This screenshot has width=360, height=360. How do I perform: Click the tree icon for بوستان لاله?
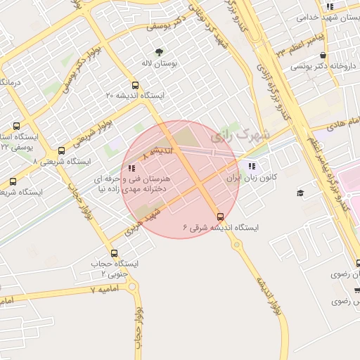pos(159,51)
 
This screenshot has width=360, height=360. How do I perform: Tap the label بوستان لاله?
pos(159,63)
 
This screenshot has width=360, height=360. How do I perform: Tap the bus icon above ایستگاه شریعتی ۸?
pos(61,150)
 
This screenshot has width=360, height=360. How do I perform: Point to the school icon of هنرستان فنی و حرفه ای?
pos(131,168)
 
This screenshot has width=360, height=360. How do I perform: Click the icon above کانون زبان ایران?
pos(252,167)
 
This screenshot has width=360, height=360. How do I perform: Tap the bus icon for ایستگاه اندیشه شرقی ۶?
pos(221,216)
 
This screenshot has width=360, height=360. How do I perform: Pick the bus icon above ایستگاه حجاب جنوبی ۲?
pos(115,252)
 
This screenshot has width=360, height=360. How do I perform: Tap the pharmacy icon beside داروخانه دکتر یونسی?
pos(323,55)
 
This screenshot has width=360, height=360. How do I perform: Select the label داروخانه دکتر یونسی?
pos(320,67)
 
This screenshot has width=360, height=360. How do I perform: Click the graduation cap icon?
pos(300,193)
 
